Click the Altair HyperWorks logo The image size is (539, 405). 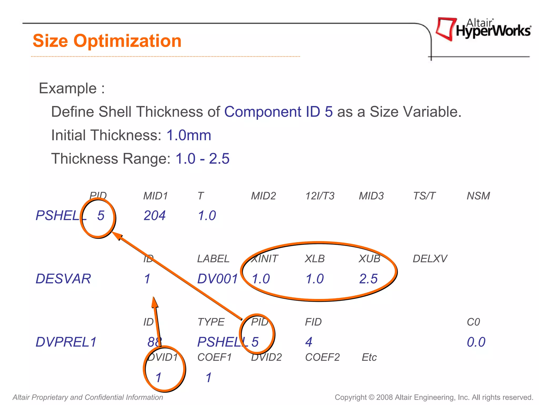tap(483, 29)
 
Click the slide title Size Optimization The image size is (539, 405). tap(107, 41)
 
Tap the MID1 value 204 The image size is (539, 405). tap(154, 215)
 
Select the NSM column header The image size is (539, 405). tap(478, 196)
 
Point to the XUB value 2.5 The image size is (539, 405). tap(368, 279)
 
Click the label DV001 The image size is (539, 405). tap(217, 279)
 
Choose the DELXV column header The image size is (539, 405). tap(430, 259)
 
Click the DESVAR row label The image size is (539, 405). tap(63, 279)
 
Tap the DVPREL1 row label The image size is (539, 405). tap(66, 342)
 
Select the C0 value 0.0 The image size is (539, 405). tap(476, 342)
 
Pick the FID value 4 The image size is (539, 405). tap(309, 342)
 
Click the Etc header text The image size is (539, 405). tap(369, 357)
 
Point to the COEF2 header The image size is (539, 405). tap(322, 357)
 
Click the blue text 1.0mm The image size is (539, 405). tap(189, 135)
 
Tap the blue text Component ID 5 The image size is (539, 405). tap(278, 112)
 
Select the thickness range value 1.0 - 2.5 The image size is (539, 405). tap(202, 158)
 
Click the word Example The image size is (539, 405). tap(68, 88)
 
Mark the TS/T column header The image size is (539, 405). tap(424, 196)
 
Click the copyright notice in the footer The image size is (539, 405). tap(434, 397)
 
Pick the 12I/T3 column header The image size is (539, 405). tap(320, 196)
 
